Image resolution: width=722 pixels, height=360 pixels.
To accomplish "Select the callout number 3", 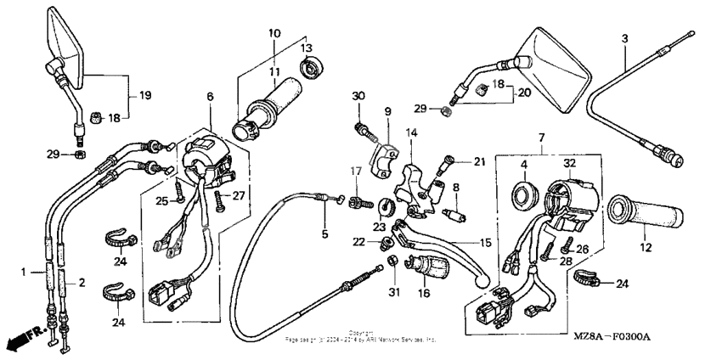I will click(624, 39).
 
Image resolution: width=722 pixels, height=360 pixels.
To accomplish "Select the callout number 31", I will click(394, 293).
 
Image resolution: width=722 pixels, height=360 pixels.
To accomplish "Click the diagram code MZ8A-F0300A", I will click(610, 338).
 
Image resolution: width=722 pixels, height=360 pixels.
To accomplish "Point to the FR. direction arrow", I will click(23, 340).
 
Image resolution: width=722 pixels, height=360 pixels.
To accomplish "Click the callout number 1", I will click(24, 273).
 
